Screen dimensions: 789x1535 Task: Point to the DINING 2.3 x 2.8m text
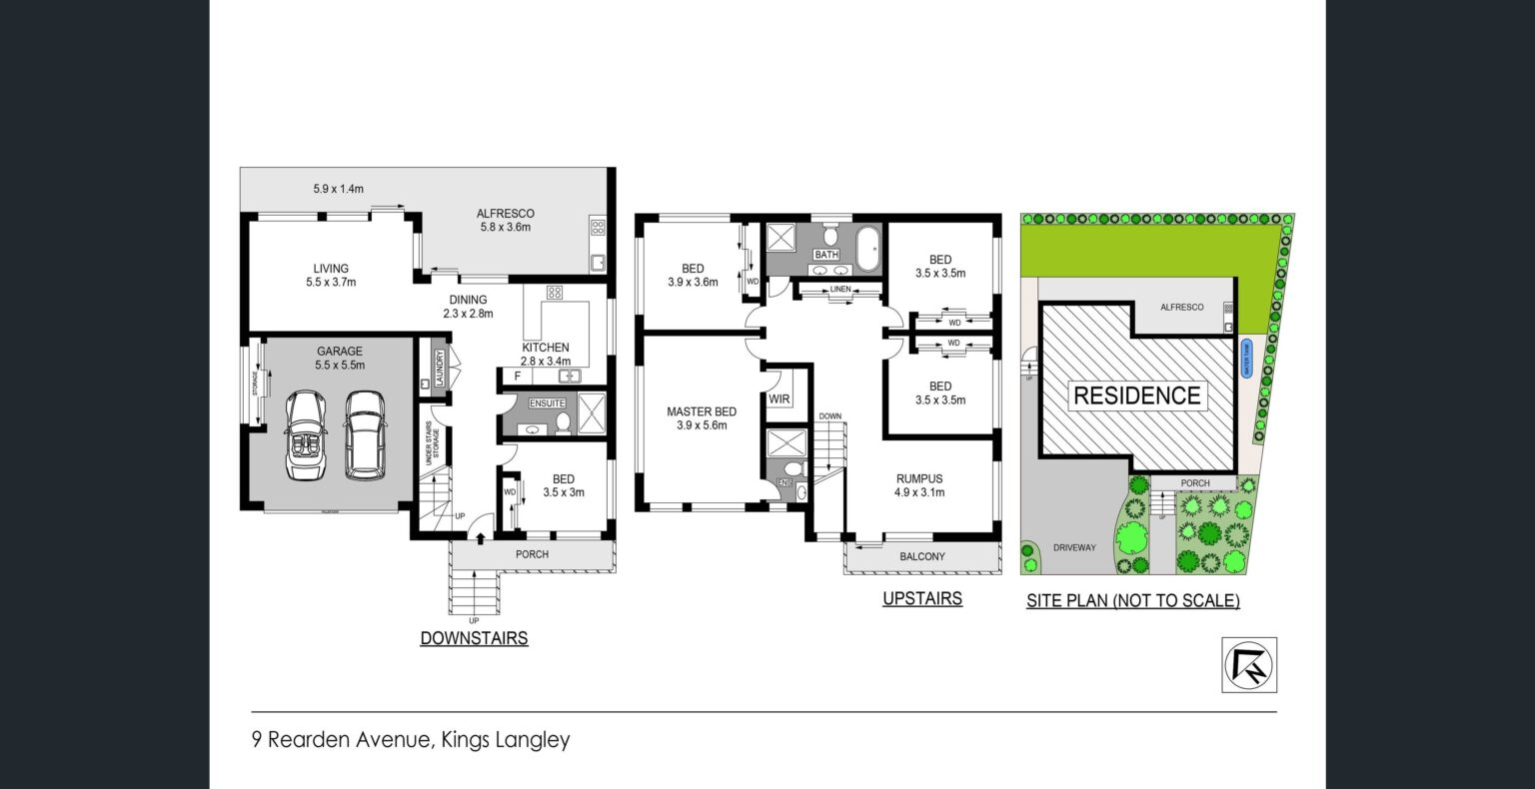click(468, 306)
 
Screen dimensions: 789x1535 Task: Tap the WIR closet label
click(779, 399)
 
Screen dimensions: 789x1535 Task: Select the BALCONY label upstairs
click(921, 556)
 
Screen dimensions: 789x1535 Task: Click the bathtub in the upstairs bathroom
click(867, 248)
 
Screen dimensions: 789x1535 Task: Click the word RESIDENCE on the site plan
click(1136, 395)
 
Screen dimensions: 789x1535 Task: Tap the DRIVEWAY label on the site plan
click(1074, 547)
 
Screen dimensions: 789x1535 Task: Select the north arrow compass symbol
click(1250, 664)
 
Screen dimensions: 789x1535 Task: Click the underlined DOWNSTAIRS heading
click(474, 638)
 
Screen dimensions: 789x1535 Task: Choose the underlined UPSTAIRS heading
click(921, 599)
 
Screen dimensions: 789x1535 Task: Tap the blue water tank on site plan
click(1246, 359)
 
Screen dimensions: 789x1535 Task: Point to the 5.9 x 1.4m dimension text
click(339, 187)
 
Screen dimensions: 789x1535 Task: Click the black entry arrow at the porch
click(481, 539)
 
